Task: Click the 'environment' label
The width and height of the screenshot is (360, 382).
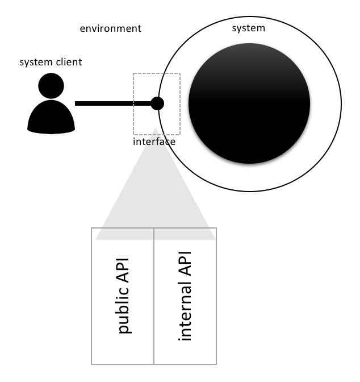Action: tap(111, 28)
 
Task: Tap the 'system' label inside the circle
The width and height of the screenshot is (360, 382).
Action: tap(249, 28)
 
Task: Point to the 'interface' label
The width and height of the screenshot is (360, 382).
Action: tap(154, 142)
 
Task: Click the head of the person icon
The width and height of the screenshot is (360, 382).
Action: tap(51, 85)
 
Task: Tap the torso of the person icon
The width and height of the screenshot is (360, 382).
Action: tap(51, 117)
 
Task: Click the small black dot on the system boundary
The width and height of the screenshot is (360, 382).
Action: tap(157, 103)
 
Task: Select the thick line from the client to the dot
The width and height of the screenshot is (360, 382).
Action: tap(113, 103)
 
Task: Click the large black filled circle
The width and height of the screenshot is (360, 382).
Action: tap(249, 103)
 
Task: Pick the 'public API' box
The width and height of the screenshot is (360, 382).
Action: tap(123, 296)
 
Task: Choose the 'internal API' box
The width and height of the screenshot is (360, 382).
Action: tap(185, 296)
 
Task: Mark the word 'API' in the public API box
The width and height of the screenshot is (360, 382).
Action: tap(123, 270)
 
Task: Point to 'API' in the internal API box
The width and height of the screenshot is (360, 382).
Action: tap(185, 264)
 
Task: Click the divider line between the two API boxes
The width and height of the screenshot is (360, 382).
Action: tap(154, 296)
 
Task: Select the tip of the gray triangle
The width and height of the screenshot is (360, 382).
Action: tap(155, 127)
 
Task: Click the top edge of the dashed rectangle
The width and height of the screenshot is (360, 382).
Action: tap(157, 73)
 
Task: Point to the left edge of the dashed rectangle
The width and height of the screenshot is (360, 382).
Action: tap(133, 104)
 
